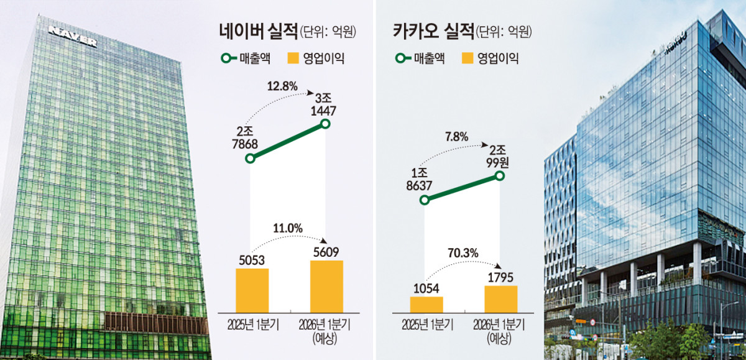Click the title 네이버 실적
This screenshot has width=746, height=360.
coord(258,30)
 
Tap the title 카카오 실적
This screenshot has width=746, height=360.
coord(433,30)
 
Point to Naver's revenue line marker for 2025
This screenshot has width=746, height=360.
coord(251,159)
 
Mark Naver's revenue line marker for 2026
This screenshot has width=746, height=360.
coord(325,124)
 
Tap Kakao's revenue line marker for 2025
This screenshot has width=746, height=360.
coord(425,200)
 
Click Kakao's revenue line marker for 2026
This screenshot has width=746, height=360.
coord(499,177)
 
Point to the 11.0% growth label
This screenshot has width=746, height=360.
coord(287,229)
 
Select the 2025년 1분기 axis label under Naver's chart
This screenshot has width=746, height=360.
coord(252,325)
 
